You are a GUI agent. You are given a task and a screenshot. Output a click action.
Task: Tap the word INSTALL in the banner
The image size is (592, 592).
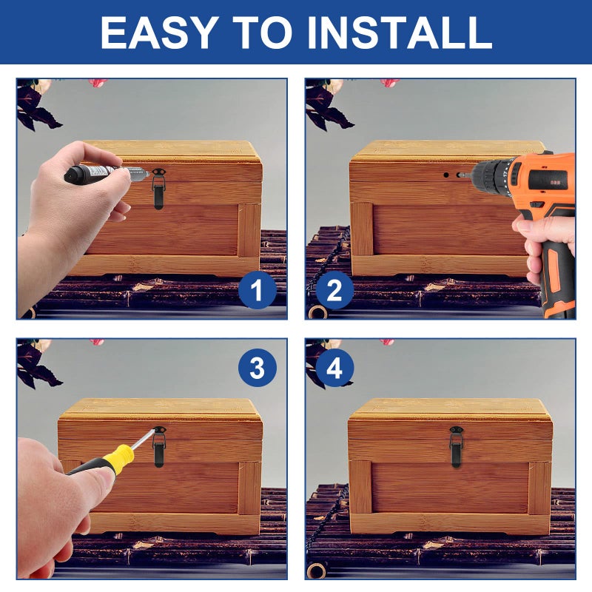tap(400, 32)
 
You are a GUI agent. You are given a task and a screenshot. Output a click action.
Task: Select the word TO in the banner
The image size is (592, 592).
tap(263, 32)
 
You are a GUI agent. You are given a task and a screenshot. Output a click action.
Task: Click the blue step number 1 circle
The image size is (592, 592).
tap(257, 290)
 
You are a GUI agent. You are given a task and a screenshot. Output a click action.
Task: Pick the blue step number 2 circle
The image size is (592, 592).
tap(334, 290)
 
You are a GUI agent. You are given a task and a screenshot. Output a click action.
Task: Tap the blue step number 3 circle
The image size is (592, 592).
tap(257, 368)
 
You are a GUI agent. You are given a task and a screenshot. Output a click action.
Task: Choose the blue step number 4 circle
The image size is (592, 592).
tap(334, 368)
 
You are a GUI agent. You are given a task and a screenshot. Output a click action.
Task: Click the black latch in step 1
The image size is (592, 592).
tap(158, 189)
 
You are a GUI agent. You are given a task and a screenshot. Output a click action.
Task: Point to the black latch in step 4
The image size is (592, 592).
tap(456, 447)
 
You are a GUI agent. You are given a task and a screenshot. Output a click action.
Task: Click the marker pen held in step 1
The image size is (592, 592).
tap(107, 173)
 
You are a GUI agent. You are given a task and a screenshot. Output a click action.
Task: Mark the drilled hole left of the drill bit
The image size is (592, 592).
tap(446, 175)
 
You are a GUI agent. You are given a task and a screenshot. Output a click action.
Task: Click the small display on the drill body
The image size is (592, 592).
tap(554, 183)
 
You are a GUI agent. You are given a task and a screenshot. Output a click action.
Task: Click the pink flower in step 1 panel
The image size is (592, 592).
tap(98, 83)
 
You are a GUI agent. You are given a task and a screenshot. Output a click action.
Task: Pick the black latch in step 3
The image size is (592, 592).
tap(159, 447)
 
